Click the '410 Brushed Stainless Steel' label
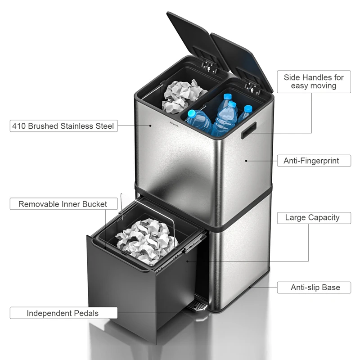63,126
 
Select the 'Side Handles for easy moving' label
314,81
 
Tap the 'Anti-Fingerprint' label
311,160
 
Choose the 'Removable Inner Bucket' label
63,204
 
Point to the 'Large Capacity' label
312,218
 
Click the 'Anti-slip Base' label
315,287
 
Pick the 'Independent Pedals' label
63,313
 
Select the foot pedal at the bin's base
198,307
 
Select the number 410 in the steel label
19,126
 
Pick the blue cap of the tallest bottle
233,104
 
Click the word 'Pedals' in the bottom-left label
84,313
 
